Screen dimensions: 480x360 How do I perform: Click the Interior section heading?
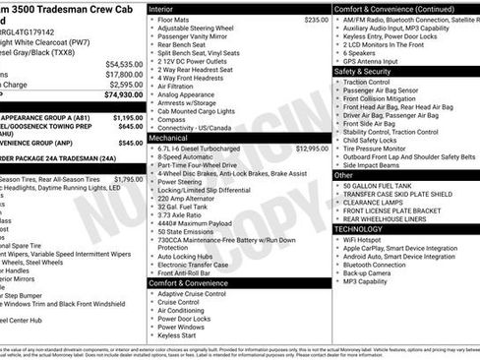point(161,8)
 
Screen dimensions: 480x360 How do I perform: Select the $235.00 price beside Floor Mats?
point(316,20)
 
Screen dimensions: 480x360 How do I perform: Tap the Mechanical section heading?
point(170,140)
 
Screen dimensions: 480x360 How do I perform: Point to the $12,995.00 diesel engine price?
point(312,150)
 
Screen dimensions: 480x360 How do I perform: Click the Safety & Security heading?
point(370,71)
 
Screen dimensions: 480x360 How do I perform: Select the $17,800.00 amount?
point(124,74)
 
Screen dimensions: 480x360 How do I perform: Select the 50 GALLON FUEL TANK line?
point(380,186)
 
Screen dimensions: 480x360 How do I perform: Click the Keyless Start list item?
point(177,335)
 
